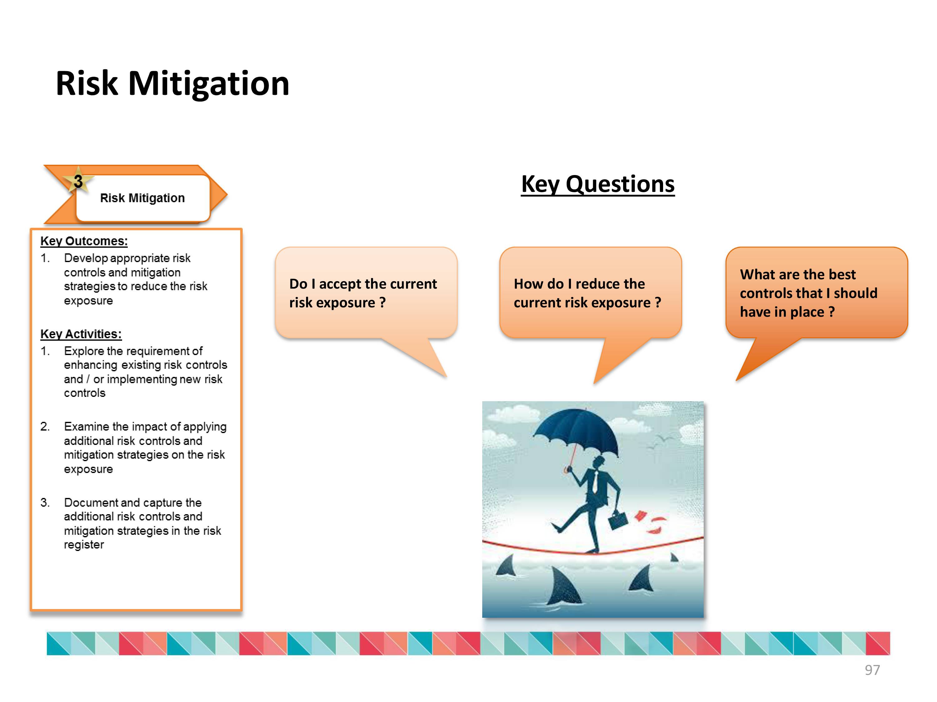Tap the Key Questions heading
[x=598, y=184]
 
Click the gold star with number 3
[x=78, y=181]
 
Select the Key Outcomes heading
[x=84, y=241]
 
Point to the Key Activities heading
[x=81, y=334]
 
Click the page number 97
[x=872, y=670]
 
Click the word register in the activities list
[x=84, y=545]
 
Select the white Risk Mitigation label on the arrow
[x=143, y=198]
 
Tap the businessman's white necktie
[x=595, y=482]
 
